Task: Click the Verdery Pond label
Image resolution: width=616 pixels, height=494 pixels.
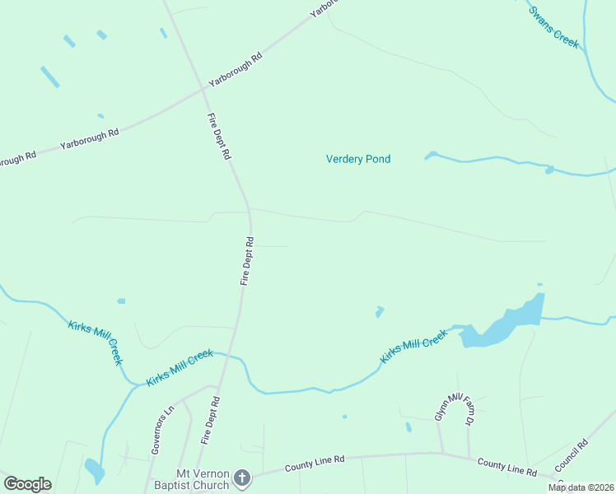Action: tap(358, 159)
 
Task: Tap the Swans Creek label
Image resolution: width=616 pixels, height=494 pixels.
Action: tap(554, 27)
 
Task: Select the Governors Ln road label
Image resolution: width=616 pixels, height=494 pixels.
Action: tap(163, 429)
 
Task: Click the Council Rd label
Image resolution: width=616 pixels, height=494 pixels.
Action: tap(571, 454)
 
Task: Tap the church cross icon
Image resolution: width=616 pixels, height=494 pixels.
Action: tap(241, 478)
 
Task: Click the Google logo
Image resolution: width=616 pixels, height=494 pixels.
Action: tap(27, 484)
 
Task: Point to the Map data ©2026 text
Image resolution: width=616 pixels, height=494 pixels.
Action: tap(580, 487)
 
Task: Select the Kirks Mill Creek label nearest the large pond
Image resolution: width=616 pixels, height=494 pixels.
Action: tap(413, 347)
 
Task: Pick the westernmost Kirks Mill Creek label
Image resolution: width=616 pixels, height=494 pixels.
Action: tap(96, 342)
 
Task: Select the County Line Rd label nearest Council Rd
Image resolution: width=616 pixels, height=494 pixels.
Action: tap(506, 467)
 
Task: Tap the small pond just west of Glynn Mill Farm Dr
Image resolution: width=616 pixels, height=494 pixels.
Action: tap(408, 426)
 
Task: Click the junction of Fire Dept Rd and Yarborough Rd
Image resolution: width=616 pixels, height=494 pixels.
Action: tap(203, 88)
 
